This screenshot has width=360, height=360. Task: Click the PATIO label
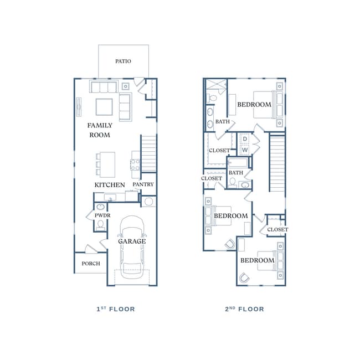pos(123,61)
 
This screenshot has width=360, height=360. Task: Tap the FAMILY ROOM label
pos(100,130)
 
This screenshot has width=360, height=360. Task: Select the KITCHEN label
pos(110,184)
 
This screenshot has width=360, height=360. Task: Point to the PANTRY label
pos(143,184)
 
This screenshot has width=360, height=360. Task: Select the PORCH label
pos(91,264)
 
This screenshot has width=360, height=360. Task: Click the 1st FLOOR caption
pos(115,309)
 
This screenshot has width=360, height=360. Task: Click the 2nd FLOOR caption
pos(244,309)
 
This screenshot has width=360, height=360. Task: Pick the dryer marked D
pos(244,139)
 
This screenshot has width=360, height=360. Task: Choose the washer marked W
pos(244,150)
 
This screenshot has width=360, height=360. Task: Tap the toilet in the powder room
pos(100,224)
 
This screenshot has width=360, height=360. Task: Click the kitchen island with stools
pos(106,164)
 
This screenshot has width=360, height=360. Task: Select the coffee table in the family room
pos(104,105)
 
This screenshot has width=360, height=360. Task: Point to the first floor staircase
pos(148,154)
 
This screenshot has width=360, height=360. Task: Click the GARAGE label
pos(132,241)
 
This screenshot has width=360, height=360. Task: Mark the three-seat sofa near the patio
pos(104,87)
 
